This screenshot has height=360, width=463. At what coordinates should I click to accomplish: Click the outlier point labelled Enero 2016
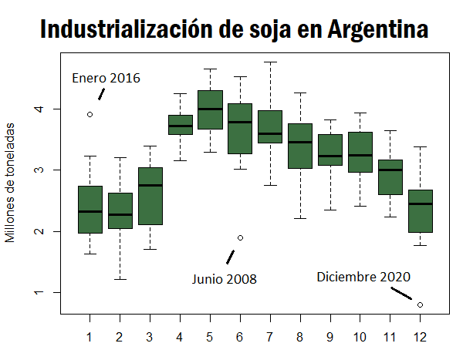pos(90,114)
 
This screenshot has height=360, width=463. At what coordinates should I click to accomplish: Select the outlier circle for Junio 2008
pos(240,237)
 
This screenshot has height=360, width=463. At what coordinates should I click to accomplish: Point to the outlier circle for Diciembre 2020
pos(420,304)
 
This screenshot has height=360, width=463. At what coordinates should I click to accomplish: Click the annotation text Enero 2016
pos(106,78)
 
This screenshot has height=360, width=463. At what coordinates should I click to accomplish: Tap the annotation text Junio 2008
pos(225,278)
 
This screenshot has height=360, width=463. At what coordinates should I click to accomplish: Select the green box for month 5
pos(210,110)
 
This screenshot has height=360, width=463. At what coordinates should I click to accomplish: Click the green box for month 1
pos(90,209)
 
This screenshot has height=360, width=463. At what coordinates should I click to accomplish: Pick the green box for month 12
pos(420,210)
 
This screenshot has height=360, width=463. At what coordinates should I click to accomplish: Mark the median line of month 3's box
pos(150,185)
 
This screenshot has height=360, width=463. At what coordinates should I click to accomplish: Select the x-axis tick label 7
pos(270,337)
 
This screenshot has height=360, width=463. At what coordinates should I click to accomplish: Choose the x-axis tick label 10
pos(360,337)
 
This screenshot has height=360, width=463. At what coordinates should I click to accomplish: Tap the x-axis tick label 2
pos(120,337)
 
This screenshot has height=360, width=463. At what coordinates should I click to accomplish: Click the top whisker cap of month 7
pos(270,62)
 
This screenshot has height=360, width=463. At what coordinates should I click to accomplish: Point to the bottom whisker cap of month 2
pos(120,279)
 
